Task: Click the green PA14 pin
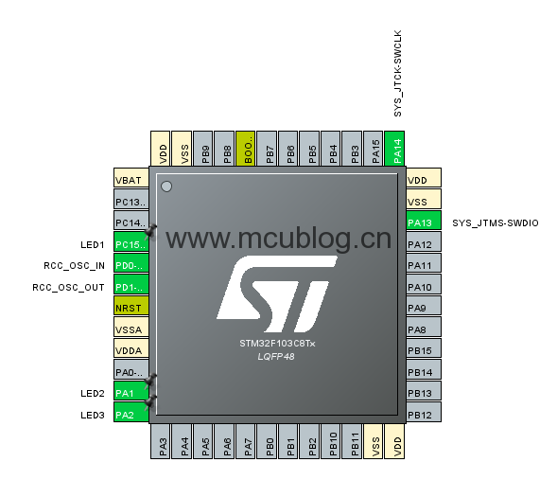click(x=394, y=149)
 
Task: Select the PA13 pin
click(x=424, y=221)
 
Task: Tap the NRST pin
click(x=131, y=306)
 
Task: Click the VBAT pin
click(x=131, y=177)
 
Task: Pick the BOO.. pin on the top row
click(x=246, y=149)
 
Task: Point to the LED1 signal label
click(x=93, y=244)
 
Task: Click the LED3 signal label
click(x=93, y=415)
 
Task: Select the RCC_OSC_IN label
click(x=75, y=266)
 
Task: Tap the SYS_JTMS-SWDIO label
click(x=496, y=222)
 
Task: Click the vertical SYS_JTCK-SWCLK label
click(x=397, y=73)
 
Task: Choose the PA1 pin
click(x=131, y=391)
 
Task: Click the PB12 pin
click(x=424, y=412)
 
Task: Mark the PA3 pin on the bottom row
click(x=160, y=441)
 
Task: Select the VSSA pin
click(x=131, y=327)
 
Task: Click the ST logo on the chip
click(x=277, y=293)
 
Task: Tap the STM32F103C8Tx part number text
click(x=277, y=344)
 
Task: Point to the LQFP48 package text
click(x=276, y=357)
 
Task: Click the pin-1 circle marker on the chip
click(x=166, y=187)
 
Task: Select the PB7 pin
click(x=267, y=149)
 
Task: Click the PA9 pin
click(x=424, y=306)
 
